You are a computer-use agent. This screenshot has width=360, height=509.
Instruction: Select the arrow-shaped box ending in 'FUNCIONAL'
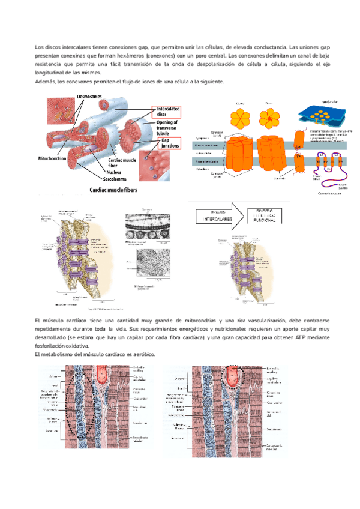[x=265, y=216]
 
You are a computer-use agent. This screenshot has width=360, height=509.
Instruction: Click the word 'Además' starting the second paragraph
[x=45, y=80]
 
